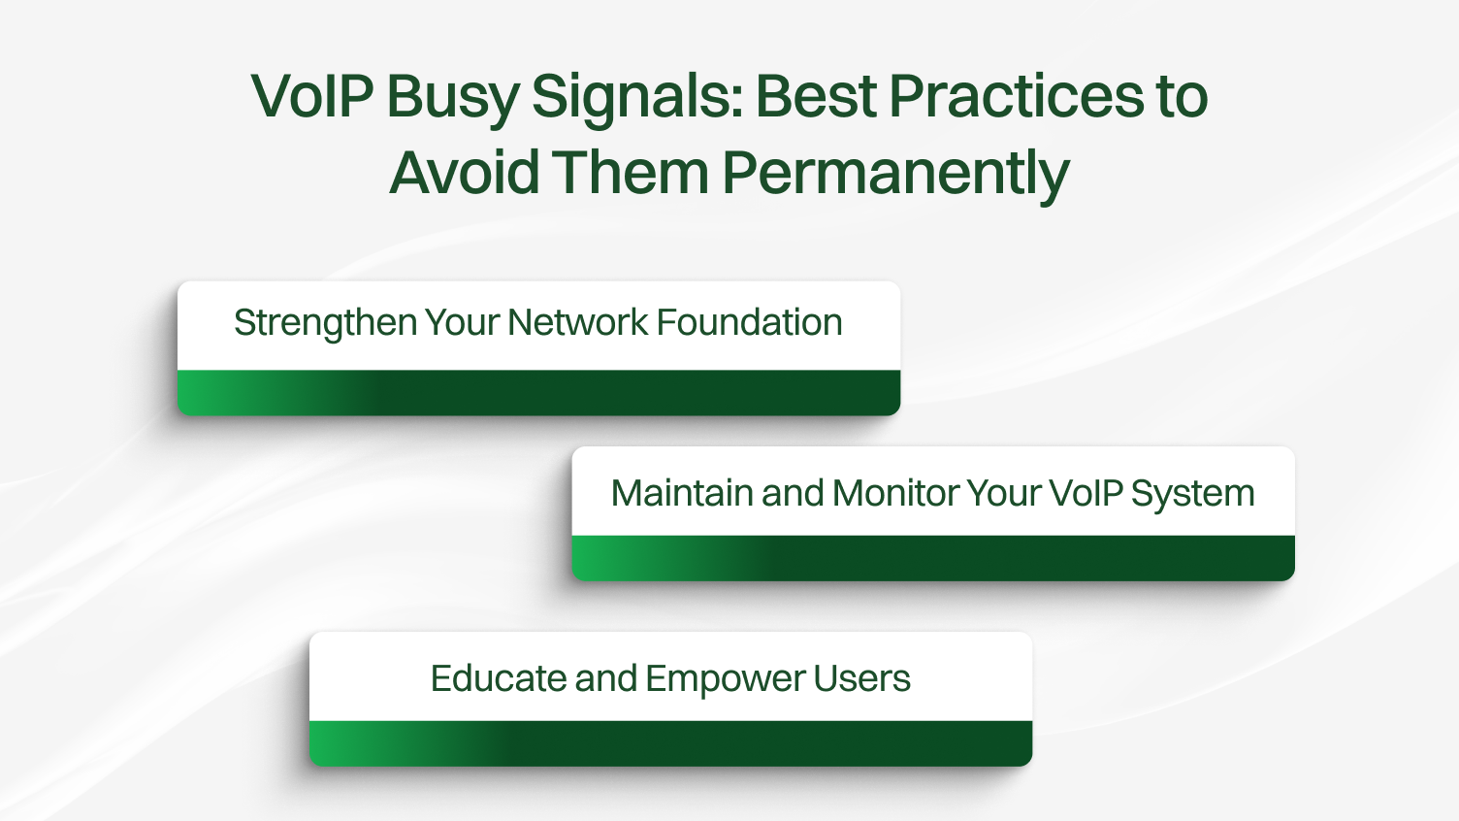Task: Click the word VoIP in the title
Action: click(311, 97)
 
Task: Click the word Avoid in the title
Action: click(463, 173)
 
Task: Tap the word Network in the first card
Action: click(577, 323)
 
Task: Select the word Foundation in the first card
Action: click(749, 323)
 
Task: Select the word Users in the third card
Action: click(861, 679)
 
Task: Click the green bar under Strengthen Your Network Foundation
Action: click(538, 393)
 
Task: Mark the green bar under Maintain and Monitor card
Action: click(933, 559)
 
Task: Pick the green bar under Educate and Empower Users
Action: click(670, 744)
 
